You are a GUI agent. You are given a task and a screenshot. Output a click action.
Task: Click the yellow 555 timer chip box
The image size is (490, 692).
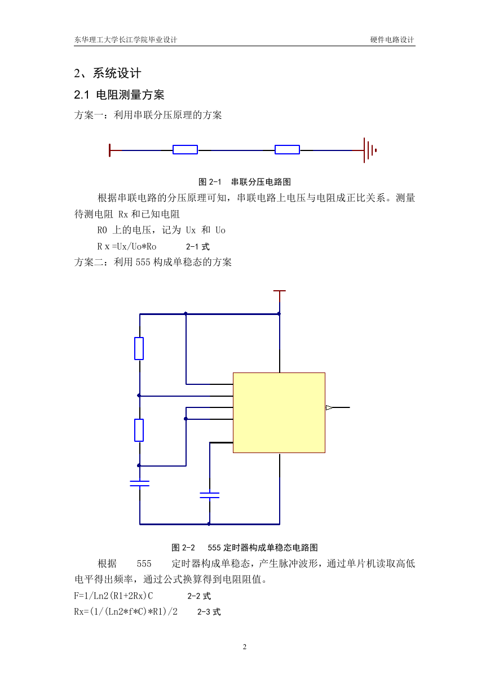pos(279,412)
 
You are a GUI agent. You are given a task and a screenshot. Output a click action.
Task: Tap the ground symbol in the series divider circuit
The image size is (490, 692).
pos(370,150)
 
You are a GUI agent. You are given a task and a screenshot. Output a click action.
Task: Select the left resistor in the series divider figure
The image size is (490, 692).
pos(185,149)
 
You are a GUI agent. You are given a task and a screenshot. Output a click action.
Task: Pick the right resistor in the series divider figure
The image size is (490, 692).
pos(287,149)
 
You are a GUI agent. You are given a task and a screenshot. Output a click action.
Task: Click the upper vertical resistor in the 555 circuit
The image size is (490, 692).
pos(139,348)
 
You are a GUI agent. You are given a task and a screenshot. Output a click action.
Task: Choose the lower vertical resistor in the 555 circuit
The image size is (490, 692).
pos(139,431)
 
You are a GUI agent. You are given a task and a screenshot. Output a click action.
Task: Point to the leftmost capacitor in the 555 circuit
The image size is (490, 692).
pos(139,483)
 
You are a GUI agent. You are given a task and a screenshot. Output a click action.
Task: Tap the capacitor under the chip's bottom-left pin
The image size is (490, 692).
pos(210,495)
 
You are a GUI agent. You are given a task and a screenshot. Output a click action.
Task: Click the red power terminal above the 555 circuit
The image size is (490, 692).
pos(280,296)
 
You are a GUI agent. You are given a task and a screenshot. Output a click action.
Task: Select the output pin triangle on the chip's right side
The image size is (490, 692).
pos(329,408)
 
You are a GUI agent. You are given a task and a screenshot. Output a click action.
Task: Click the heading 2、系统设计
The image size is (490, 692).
pos(108,73)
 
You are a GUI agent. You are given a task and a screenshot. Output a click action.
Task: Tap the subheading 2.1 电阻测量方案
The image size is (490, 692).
pos(119,95)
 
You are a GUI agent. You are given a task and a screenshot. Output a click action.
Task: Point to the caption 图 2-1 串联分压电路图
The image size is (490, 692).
pos(245,182)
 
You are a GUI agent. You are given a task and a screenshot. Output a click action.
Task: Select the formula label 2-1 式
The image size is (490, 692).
pos(198,246)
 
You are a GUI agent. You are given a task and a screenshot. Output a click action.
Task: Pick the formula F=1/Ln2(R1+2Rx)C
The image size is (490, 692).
pos(113,596)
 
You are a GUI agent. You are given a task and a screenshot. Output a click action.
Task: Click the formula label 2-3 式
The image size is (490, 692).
pos(209,611)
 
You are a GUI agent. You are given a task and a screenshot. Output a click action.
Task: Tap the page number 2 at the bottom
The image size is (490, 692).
pos(245,646)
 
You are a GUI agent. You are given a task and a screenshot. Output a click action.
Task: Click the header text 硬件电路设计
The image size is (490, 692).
pos(392,39)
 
